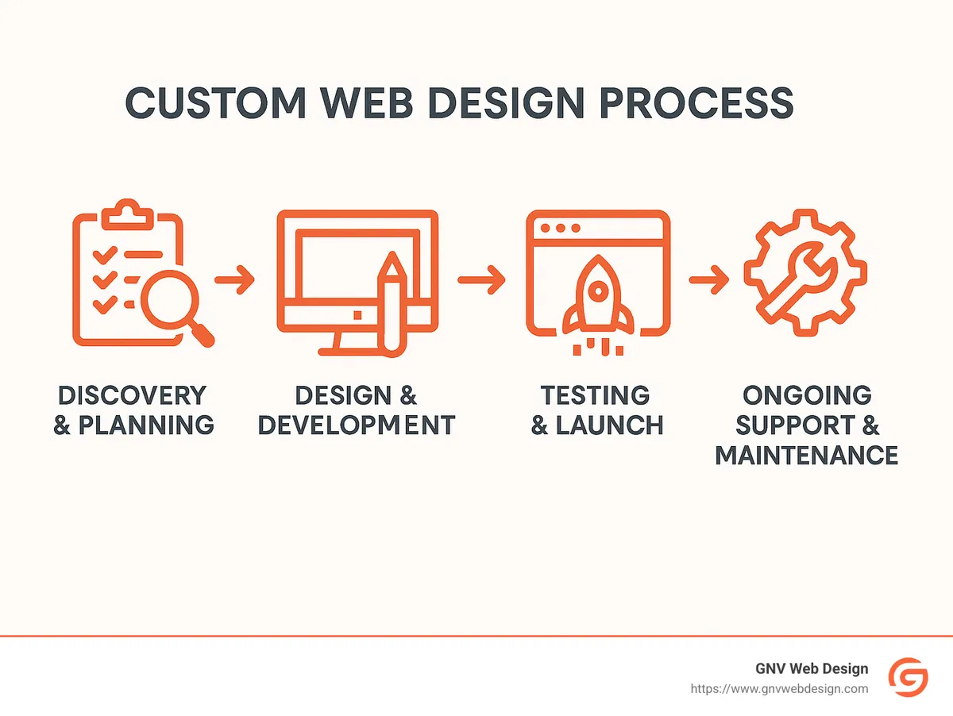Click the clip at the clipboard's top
click(x=128, y=212)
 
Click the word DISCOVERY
click(x=133, y=395)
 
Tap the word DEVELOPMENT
click(x=357, y=425)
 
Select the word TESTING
click(x=596, y=395)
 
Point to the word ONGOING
click(x=806, y=395)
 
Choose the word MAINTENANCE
click(x=806, y=456)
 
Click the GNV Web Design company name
click(x=812, y=669)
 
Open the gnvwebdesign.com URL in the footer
click(x=779, y=689)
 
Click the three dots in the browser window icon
click(x=554, y=228)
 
